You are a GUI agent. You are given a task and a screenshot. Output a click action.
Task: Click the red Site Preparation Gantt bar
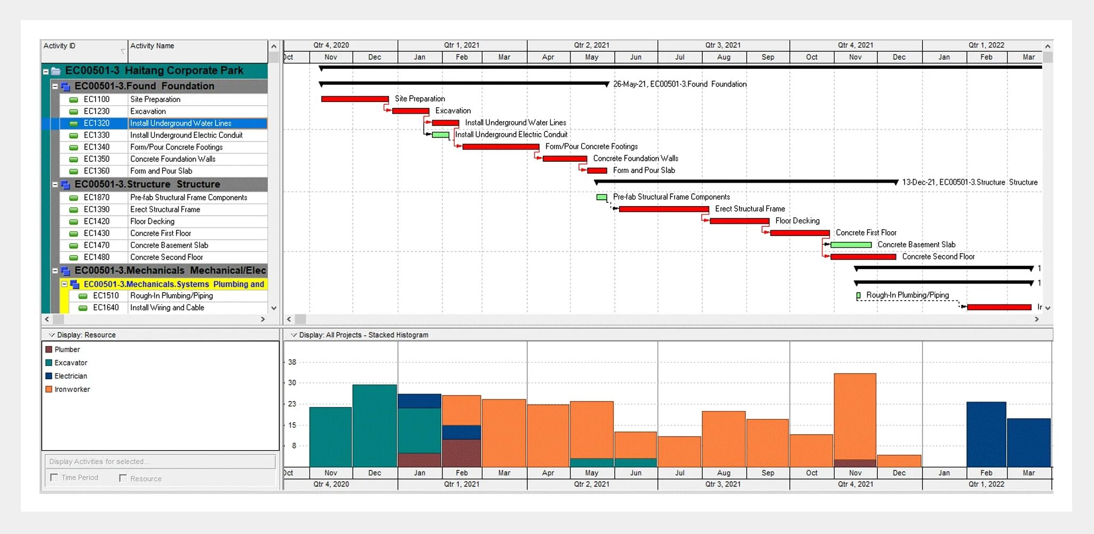(355, 99)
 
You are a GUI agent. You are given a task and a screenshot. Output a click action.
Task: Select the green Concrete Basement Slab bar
(851, 245)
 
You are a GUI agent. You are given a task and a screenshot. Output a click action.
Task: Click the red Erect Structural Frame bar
(663, 209)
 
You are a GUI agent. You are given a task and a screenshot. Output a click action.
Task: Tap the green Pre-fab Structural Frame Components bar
(601, 197)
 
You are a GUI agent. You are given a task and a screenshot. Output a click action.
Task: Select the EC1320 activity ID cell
(97, 123)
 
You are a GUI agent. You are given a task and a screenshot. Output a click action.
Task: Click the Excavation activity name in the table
(148, 111)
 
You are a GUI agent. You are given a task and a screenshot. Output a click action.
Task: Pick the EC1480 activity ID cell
(97, 257)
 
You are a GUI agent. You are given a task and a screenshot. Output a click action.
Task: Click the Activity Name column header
(152, 46)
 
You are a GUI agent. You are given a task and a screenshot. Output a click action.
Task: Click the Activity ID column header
(59, 46)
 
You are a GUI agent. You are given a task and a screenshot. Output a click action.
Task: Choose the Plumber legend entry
(67, 349)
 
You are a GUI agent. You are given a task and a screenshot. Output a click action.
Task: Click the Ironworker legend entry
(72, 389)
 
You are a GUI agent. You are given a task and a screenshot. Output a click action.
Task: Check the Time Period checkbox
(54, 477)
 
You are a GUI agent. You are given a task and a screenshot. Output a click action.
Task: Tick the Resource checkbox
(123, 478)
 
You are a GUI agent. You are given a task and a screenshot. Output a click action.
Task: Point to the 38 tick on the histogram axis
(292, 362)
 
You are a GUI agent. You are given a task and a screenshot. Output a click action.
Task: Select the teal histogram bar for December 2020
(375, 426)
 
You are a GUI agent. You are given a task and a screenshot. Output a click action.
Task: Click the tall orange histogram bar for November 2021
(855, 416)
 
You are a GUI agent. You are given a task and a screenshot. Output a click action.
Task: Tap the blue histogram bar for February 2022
(986, 434)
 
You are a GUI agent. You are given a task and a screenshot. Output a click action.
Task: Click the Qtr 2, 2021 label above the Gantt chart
(591, 45)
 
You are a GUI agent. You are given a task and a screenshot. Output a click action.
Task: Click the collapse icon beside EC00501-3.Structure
(55, 184)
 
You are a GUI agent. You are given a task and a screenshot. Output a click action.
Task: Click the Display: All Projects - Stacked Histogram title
(363, 335)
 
